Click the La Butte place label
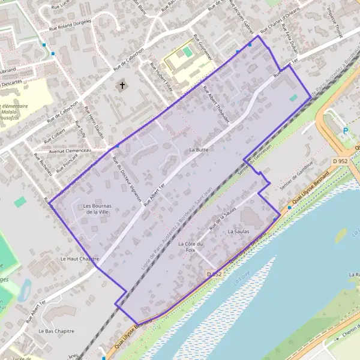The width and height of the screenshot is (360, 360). tap(197, 149)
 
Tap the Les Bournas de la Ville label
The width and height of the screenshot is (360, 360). tap(96, 208)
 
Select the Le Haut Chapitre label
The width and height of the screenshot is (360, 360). tap(79, 259)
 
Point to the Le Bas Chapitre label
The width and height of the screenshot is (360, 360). tap(56, 331)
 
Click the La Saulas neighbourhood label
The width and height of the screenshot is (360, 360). tap(238, 230)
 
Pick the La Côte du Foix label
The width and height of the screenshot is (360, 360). tap(191, 247)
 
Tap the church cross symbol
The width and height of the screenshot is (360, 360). tap(123, 85)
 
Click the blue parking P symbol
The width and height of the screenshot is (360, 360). tap(345, 131)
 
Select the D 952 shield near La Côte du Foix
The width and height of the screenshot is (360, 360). tap(215, 274)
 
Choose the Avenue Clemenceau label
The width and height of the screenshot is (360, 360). tap(70, 151)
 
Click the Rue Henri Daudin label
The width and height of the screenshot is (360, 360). tap(95, 123)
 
